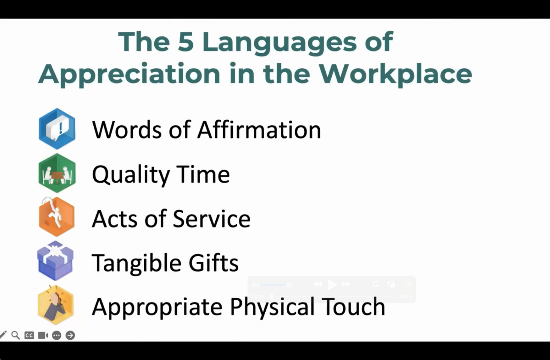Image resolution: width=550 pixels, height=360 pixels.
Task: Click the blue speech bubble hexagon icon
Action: [57, 129]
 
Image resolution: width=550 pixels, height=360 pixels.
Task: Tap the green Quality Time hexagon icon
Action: [57, 173]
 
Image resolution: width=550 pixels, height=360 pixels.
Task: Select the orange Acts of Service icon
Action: [56, 217]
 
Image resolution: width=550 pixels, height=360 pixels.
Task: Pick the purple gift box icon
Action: [55, 261]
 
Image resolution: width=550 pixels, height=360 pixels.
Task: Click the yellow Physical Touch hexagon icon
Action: [56, 305]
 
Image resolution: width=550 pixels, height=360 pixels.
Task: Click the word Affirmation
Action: [259, 129]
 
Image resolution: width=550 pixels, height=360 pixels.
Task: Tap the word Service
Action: [212, 218]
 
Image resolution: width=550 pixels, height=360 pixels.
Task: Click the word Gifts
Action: [213, 262]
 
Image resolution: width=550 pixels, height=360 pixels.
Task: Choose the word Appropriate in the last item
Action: [157, 307]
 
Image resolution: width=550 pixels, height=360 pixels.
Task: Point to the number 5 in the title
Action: [186, 42]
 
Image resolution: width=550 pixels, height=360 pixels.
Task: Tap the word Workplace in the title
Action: [395, 74]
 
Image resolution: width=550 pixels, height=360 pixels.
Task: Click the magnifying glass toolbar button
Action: [15, 335]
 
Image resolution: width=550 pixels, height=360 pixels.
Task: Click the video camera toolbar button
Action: [43, 335]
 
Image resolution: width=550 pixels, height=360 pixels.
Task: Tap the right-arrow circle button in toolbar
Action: [70, 335]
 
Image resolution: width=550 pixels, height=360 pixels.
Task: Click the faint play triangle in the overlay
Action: [332, 285]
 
